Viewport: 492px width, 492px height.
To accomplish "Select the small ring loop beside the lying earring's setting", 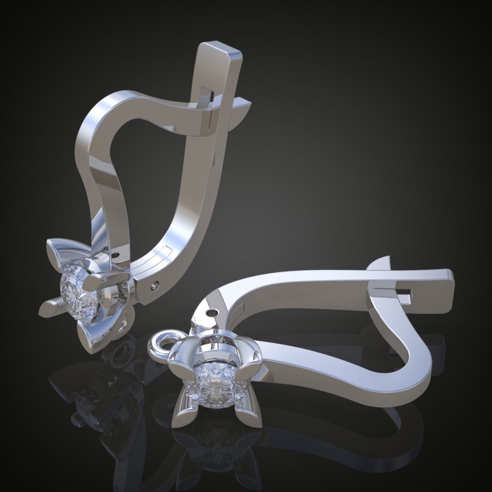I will pyautogui.click(x=160, y=343).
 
